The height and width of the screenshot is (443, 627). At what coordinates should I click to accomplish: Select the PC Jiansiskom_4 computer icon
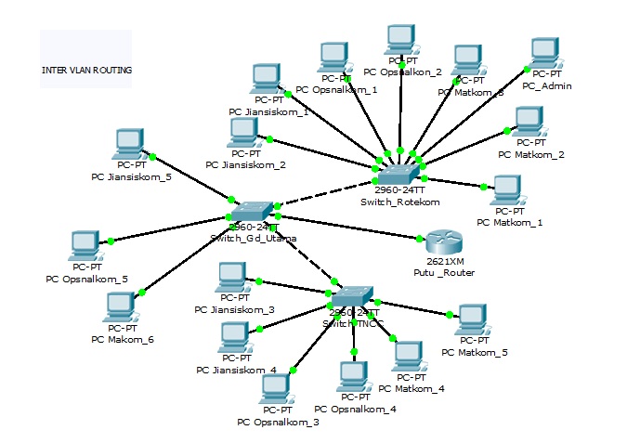pos(236,337)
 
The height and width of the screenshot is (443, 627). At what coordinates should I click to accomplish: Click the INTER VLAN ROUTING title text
pos(86,70)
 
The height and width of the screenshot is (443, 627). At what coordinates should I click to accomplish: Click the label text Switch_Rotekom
pos(399,201)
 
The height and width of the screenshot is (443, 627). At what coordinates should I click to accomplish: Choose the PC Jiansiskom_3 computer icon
pos(234,279)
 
